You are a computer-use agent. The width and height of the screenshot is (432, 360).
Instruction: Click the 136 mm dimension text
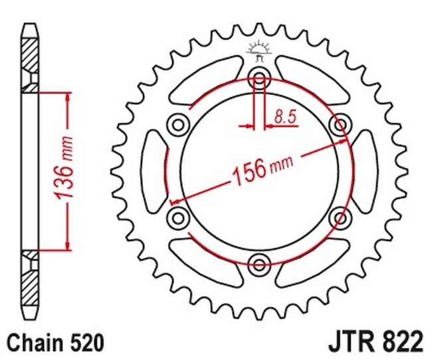(69, 170)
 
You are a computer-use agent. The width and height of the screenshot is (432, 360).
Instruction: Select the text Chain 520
(56, 343)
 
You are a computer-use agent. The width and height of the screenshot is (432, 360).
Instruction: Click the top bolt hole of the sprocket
(259, 73)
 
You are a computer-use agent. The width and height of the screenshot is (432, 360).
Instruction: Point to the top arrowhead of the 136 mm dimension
(68, 97)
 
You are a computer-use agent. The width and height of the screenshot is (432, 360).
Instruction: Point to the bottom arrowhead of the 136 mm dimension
(68, 244)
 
